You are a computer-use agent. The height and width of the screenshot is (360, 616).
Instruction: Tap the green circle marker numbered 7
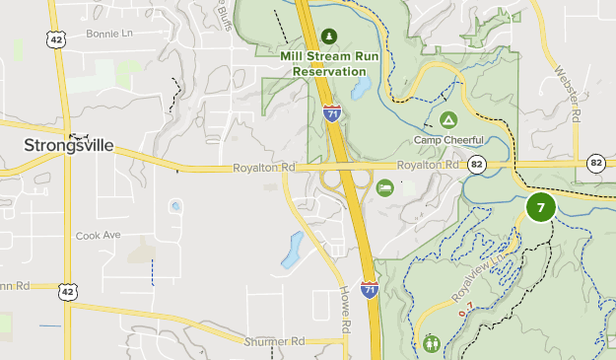pos(540,208)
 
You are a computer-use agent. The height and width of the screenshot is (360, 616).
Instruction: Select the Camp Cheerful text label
pos(448,139)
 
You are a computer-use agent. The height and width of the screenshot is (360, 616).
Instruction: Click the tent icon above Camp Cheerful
pos(448,120)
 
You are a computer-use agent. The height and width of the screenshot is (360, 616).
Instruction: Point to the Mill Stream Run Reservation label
pos(329,62)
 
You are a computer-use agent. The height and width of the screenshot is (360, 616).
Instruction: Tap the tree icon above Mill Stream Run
pos(329,36)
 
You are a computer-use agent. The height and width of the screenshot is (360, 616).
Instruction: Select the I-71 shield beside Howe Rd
pos(369,289)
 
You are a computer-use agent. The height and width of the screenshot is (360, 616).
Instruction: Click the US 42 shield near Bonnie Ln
pos(55,39)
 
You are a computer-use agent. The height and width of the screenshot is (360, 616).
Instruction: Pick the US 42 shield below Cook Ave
pos(66,290)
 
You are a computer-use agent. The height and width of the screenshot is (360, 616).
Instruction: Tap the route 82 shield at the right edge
pos(595,163)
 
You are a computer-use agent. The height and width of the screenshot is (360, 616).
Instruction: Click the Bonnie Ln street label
pos(108,34)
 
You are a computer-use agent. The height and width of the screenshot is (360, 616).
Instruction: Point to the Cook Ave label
pos(98,236)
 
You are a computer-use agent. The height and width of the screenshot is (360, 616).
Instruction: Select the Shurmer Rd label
pos(275,341)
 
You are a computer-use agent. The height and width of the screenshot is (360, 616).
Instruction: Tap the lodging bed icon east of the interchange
pos(384,187)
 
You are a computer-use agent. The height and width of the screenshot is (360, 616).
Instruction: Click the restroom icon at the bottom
pos(432,343)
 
